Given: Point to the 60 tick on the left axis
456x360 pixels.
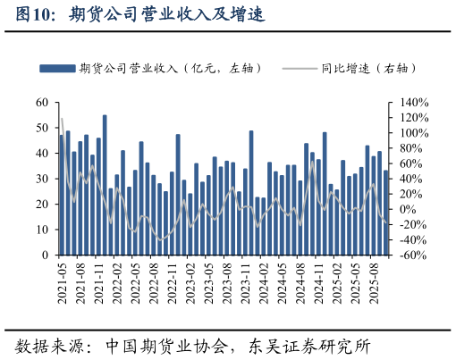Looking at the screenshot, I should pyautogui.click(x=41, y=103).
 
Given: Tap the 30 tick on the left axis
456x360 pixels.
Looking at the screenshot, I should pyautogui.click(x=41, y=179).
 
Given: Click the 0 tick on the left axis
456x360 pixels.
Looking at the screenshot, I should pyautogui.click(x=45, y=255).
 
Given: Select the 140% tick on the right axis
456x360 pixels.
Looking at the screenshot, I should pyautogui.click(x=414, y=103).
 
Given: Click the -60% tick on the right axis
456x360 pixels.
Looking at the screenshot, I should pyautogui.click(x=412, y=255).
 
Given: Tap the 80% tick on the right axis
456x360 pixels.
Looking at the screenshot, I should pyautogui.click(x=411, y=148).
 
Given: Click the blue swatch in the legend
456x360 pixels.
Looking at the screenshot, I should pyautogui.click(x=56, y=68).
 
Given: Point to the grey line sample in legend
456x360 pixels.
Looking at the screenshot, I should pyautogui.click(x=299, y=68).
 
